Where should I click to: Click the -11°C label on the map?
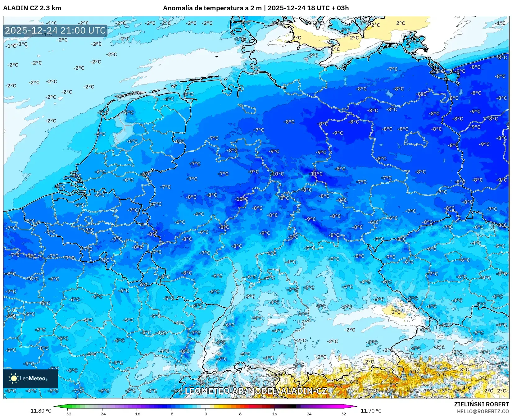(317, 174)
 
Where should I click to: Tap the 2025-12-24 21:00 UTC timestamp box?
(55, 30)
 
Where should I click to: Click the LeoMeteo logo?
(30, 378)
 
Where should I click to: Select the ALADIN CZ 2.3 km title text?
(32, 8)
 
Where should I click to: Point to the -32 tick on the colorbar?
(68, 414)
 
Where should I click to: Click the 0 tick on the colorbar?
(206, 414)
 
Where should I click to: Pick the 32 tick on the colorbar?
(343, 414)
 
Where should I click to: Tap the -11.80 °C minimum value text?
(40, 411)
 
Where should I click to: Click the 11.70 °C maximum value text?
(371, 411)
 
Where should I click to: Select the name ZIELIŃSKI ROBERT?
(482, 404)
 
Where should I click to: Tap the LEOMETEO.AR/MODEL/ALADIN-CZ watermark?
(256, 391)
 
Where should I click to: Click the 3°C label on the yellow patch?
(396, 312)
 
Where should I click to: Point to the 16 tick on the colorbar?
(274, 414)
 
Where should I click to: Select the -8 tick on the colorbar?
(171, 414)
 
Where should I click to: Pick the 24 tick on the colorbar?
(309, 414)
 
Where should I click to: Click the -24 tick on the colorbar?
(102, 414)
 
